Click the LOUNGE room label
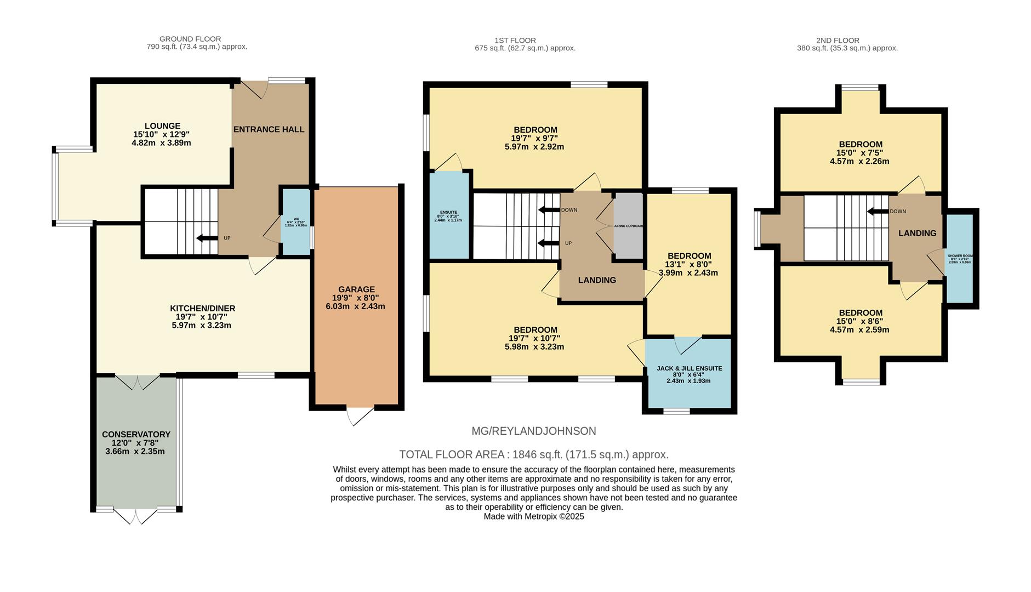[x=162, y=126]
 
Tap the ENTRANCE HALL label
[x=269, y=129]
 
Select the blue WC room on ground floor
[x=295, y=221]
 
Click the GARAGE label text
[x=356, y=289]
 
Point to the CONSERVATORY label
[x=136, y=434]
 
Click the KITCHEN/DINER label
[x=202, y=309]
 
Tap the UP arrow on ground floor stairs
[x=207, y=238]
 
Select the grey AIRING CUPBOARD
[x=628, y=225]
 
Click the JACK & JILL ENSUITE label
[x=689, y=368]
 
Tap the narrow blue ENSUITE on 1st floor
[x=449, y=215]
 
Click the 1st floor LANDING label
[x=597, y=280]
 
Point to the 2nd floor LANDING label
[x=917, y=233]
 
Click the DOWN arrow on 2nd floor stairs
[x=877, y=212]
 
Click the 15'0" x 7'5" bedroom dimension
[x=859, y=153]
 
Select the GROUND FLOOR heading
[x=190, y=39]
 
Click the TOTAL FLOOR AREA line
[x=533, y=454]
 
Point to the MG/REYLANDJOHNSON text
[x=533, y=431]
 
